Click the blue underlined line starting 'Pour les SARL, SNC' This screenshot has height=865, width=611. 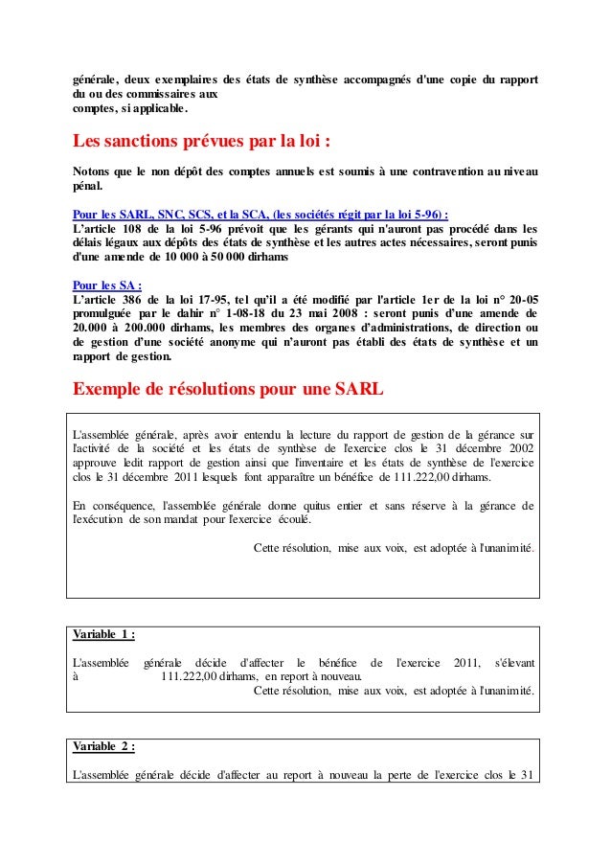click(x=260, y=214)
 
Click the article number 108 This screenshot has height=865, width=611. click(x=145, y=229)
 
